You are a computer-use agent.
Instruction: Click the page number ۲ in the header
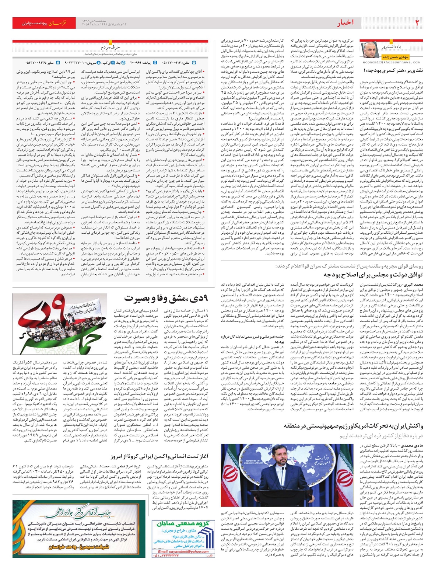tap(417, 22)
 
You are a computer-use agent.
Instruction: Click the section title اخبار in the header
tap(345, 23)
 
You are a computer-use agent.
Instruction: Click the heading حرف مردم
tap(110, 48)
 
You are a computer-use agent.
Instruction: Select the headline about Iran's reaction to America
tap(354, 426)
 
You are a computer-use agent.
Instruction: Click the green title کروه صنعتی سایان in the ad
tap(182, 523)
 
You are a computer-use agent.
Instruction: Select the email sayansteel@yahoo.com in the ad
tap(183, 552)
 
